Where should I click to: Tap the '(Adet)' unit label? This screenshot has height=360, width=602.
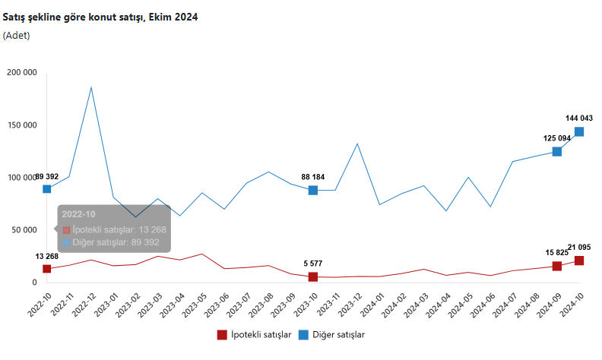(x=16, y=35)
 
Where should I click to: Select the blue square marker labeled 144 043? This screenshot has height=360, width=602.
(x=579, y=131)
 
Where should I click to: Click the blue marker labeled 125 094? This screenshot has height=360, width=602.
(x=557, y=151)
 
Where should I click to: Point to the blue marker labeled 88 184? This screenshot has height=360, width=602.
(x=313, y=190)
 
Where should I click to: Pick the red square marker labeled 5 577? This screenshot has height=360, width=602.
(x=313, y=276)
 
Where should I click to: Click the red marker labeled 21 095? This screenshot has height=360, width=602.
(x=579, y=261)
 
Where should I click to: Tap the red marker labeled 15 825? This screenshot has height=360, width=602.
(x=557, y=266)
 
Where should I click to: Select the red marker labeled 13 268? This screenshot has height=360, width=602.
(x=47, y=269)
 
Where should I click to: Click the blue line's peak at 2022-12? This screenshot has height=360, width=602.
(x=91, y=87)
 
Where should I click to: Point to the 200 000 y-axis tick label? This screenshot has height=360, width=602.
(x=21, y=73)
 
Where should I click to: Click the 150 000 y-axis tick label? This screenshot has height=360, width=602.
(x=21, y=125)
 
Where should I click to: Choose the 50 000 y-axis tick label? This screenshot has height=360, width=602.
(x=24, y=230)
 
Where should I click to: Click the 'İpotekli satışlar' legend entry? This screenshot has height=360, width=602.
(x=255, y=334)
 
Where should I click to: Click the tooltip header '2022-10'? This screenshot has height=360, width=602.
(x=78, y=214)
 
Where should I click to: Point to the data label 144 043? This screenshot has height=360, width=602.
(x=579, y=118)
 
